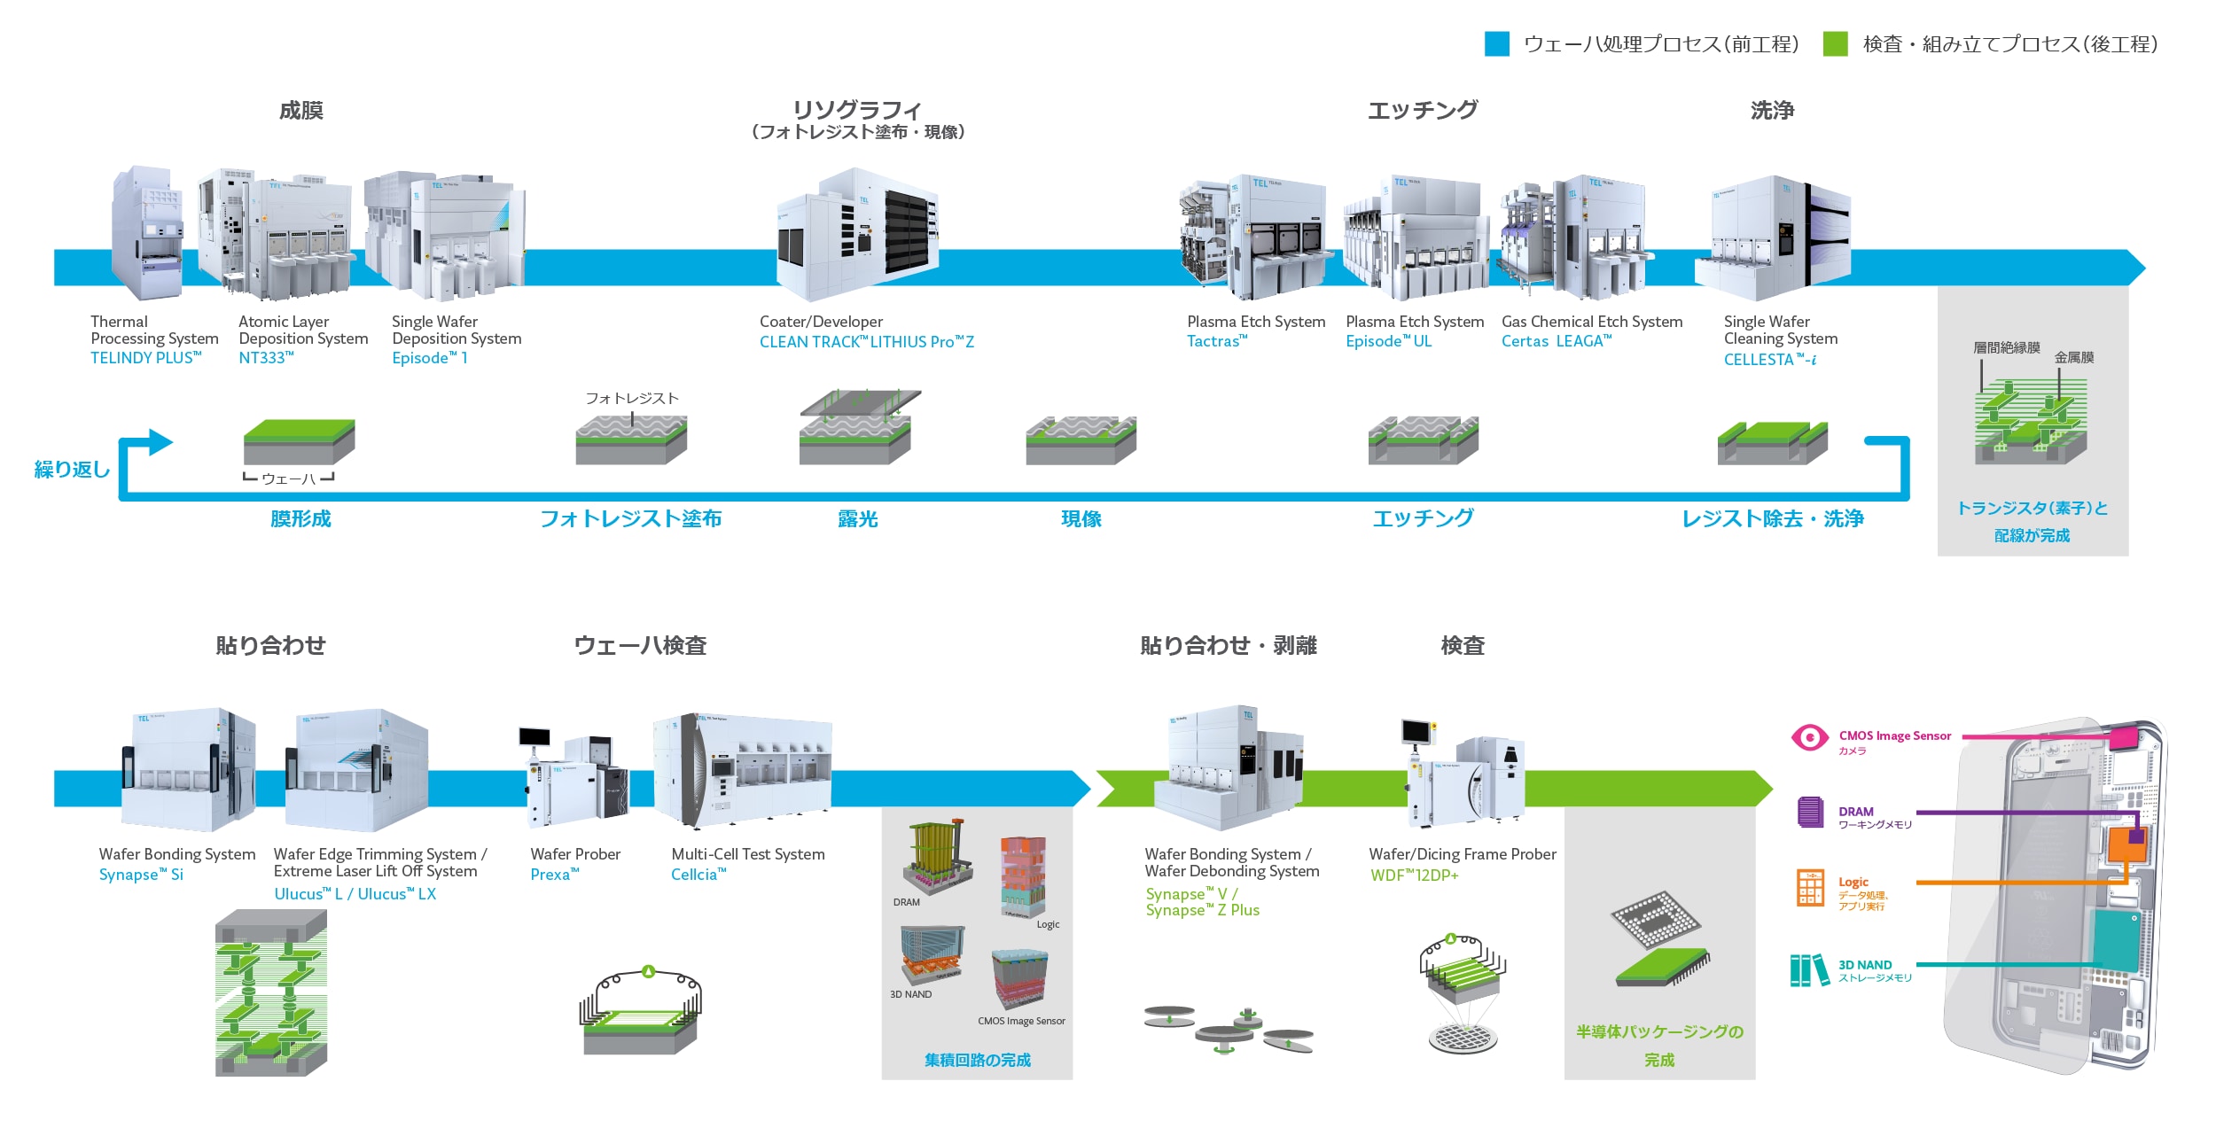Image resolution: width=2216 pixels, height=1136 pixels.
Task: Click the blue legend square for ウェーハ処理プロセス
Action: click(x=1496, y=44)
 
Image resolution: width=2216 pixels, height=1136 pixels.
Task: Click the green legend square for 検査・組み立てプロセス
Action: click(x=1835, y=44)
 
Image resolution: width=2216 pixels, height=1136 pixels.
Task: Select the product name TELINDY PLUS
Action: click(x=146, y=358)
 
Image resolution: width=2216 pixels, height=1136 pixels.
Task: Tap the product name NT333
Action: click(x=266, y=358)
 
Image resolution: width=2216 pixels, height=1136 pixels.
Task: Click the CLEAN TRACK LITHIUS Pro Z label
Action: click(x=866, y=342)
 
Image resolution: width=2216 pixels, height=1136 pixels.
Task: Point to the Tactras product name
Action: click(x=1217, y=341)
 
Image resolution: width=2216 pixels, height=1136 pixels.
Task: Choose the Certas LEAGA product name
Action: click(x=1556, y=341)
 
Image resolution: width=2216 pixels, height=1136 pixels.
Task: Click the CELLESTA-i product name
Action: click(x=1769, y=360)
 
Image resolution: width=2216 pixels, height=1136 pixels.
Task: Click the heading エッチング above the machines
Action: click(x=1423, y=110)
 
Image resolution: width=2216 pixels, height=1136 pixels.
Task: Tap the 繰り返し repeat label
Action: click(x=72, y=470)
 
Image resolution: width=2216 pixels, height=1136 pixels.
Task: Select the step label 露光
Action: click(x=857, y=519)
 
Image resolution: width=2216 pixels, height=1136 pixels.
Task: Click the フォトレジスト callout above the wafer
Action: click(x=631, y=399)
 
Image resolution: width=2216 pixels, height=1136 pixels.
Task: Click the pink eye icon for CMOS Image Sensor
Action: click(x=1809, y=737)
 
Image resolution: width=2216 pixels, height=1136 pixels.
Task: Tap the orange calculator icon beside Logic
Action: click(x=1809, y=888)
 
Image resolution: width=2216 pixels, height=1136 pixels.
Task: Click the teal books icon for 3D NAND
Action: click(x=1809, y=970)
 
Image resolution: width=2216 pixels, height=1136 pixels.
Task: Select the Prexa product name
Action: click(x=554, y=875)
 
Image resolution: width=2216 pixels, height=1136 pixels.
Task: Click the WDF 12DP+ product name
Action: click(x=1414, y=875)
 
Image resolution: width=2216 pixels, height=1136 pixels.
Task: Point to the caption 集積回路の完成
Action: click(x=977, y=1060)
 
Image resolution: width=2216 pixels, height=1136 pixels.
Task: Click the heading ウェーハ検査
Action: click(x=640, y=645)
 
